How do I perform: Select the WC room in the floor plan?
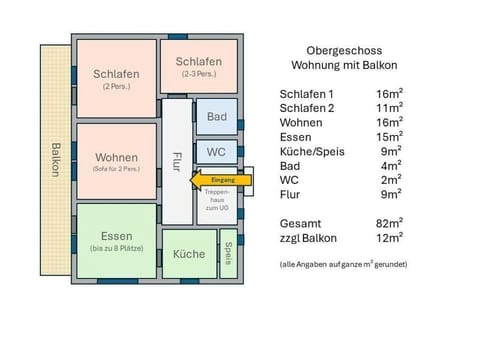pos(216,152)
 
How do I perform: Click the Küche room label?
pos(189,254)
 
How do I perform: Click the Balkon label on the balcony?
pos(54,160)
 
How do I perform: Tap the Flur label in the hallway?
pos(176,161)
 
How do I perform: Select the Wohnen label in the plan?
pos(116,158)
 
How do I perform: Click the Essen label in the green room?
pos(116,236)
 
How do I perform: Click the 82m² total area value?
pos(390,224)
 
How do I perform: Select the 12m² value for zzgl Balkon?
pos(390,238)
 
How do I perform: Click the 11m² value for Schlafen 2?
pos(390,107)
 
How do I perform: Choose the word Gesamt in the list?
pos(301,224)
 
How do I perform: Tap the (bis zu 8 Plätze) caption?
pos(116,248)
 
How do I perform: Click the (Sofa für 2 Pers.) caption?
pos(116,170)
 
